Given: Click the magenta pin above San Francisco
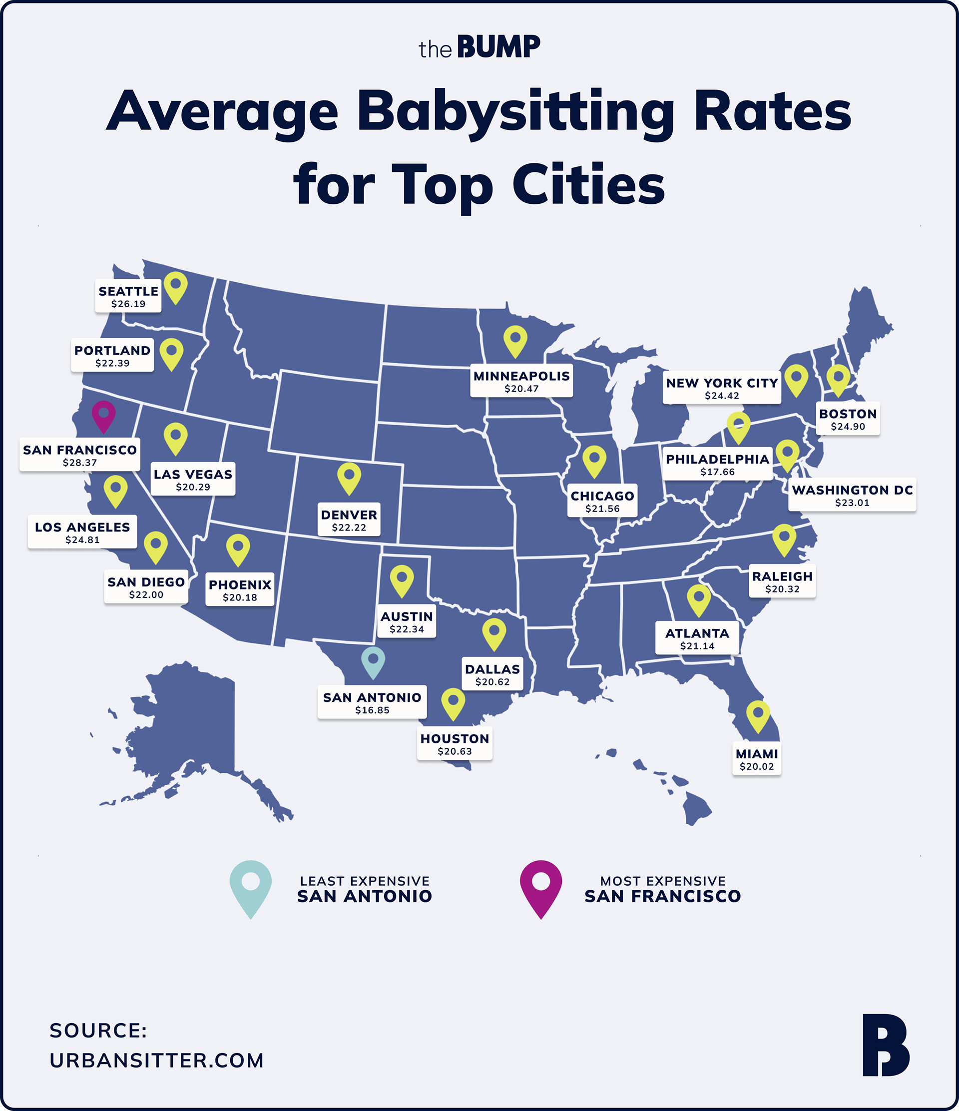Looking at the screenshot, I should coord(103,415).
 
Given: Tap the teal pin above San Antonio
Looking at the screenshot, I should coord(373,661).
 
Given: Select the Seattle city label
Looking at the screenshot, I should coord(128,291).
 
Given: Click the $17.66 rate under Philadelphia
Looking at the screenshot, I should coord(717,472).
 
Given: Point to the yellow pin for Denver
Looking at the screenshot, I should coord(349,477).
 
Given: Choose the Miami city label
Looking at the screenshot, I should coord(756,754).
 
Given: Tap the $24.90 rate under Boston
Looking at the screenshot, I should coord(848,427).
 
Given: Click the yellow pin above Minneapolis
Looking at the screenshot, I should coord(515,340).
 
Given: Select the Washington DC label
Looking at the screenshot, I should coord(852,490).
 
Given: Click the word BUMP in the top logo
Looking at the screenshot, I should coord(498,47).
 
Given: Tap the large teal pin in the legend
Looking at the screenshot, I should coord(250,887).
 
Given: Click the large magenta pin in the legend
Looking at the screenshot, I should coord(541,887).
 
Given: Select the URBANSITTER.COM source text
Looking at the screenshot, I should coord(156,1061).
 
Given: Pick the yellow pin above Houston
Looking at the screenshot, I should coord(453,703).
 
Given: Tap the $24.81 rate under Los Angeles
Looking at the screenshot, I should coord(82,540).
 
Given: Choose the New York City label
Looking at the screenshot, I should coord(722,383).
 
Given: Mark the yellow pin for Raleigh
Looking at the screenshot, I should coord(784,539).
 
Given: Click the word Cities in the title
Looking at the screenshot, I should coord(588,185).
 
